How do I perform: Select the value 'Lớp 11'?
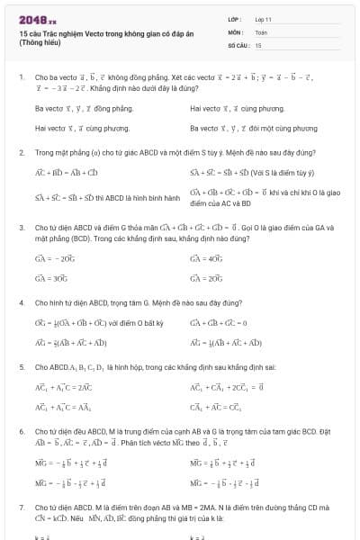(x=264, y=18)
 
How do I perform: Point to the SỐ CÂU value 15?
(x=258, y=44)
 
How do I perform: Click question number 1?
(x=21, y=77)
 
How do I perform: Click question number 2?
(x=21, y=152)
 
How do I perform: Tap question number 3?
(x=21, y=228)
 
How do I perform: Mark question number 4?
(x=21, y=303)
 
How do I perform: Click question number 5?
(x=21, y=367)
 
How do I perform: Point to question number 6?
(x=21, y=432)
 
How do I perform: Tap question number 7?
(x=21, y=508)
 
